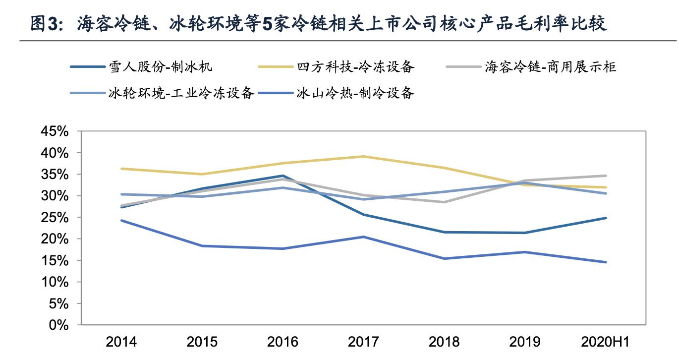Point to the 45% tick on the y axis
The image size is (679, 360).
(x=54, y=132)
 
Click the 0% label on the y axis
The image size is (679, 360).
(x=58, y=325)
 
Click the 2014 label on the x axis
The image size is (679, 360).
(x=121, y=342)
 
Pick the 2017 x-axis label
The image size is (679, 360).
(x=364, y=342)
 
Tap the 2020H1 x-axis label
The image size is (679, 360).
(x=606, y=342)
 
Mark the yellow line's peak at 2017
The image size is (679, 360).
(x=364, y=156)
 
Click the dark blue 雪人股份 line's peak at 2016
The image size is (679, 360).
(x=283, y=176)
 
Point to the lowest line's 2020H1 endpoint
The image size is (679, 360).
(x=606, y=262)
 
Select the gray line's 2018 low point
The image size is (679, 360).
(x=445, y=202)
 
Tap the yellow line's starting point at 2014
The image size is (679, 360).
(x=121, y=169)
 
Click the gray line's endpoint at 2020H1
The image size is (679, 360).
(x=606, y=176)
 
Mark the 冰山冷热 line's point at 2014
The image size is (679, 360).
(x=121, y=220)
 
